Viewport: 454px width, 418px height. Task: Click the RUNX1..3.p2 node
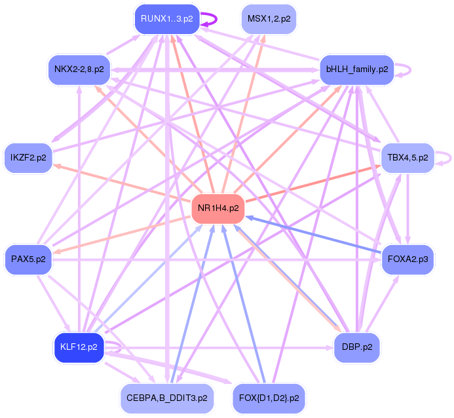(x=166, y=19)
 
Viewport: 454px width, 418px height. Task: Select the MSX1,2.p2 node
(x=269, y=19)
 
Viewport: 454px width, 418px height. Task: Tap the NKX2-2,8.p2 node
(x=79, y=69)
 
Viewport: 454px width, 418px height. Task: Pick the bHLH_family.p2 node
(x=356, y=69)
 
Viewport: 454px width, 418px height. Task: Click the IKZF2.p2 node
(x=29, y=158)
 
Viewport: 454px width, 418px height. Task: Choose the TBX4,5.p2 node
(x=407, y=158)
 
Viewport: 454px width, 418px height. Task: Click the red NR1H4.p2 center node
(x=218, y=209)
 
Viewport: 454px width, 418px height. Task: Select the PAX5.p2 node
(x=29, y=259)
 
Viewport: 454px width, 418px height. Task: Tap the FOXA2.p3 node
(x=407, y=259)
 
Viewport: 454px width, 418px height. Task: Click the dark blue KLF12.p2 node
(x=79, y=347)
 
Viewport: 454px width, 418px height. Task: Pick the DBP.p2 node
(x=356, y=347)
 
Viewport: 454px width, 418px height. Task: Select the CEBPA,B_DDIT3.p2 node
(x=167, y=398)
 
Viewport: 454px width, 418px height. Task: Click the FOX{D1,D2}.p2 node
(x=269, y=398)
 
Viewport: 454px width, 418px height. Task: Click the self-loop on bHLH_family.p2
(x=409, y=69)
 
